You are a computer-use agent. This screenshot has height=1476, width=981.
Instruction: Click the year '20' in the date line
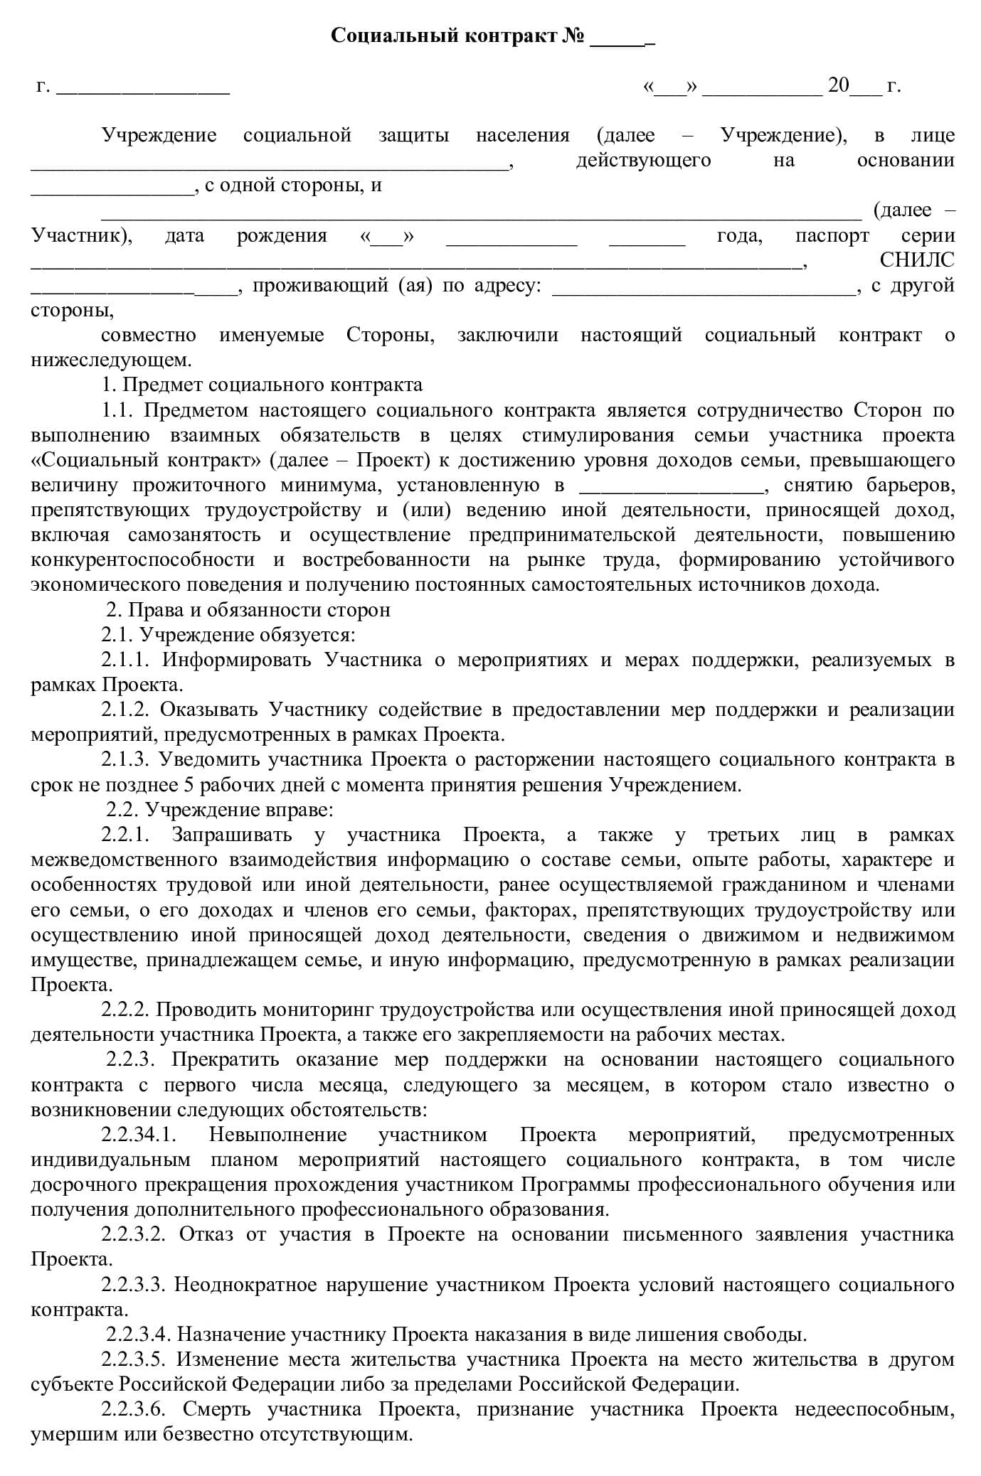[839, 86]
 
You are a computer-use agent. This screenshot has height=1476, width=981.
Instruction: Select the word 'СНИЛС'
[917, 260]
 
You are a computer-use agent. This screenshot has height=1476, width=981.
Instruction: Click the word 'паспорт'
[832, 235]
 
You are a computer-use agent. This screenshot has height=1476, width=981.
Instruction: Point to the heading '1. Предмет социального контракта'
[263, 385]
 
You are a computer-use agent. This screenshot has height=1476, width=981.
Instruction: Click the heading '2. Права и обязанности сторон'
[248, 610]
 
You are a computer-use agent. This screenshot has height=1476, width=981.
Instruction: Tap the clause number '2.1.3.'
[124, 759]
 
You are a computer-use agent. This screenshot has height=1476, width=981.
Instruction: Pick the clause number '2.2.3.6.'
[134, 1409]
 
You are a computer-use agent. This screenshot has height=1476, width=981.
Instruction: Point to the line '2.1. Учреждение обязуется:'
[228, 635]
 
